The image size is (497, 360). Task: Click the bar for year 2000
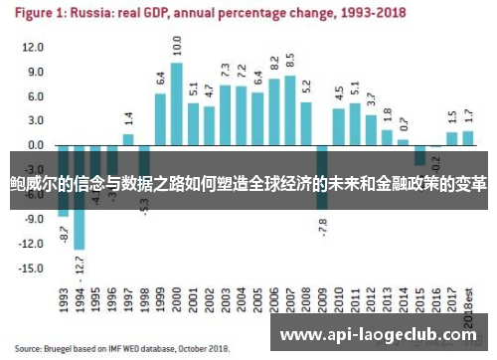pos(176,104)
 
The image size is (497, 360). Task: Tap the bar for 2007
pos(289,110)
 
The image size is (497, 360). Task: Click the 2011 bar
pos(354,123)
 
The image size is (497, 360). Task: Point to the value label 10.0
pos(176,46)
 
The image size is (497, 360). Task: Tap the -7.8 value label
pos(322,227)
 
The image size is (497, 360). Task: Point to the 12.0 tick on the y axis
pos(34,48)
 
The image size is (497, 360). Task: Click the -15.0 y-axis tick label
pos(33,268)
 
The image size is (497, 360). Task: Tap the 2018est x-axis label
pos(467,309)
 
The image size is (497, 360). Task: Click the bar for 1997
pos(128,139)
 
